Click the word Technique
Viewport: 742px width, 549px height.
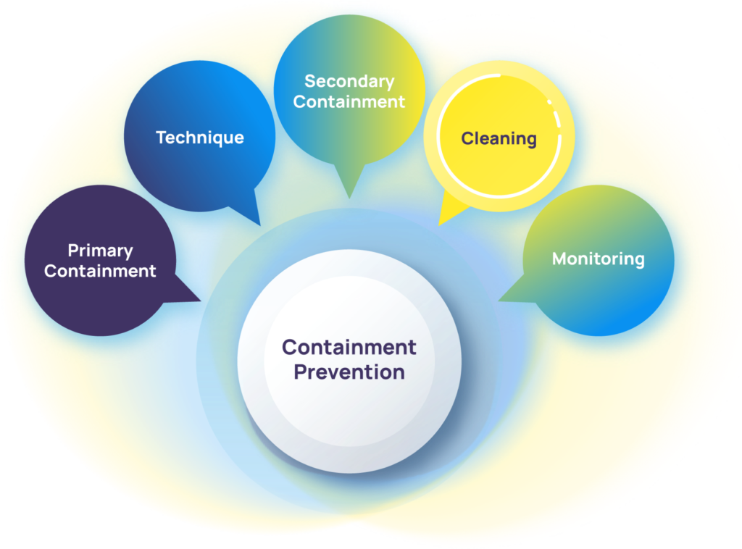pyautogui.click(x=200, y=138)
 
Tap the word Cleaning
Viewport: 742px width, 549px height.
pyautogui.click(x=499, y=138)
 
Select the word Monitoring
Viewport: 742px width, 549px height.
pyautogui.click(x=599, y=259)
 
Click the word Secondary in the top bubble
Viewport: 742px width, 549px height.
pyautogui.click(x=349, y=81)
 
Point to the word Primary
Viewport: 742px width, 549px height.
pyautogui.click(x=100, y=251)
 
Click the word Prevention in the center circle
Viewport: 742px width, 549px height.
pyautogui.click(x=349, y=372)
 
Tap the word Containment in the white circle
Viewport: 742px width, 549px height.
pyautogui.click(x=349, y=347)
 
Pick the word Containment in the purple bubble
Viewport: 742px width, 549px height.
pyautogui.click(x=100, y=271)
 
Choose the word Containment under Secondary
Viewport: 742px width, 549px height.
pyautogui.click(x=349, y=101)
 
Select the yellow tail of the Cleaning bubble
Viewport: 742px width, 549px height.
pyautogui.click(x=443, y=217)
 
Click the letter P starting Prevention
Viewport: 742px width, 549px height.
pyautogui.click(x=299, y=372)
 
